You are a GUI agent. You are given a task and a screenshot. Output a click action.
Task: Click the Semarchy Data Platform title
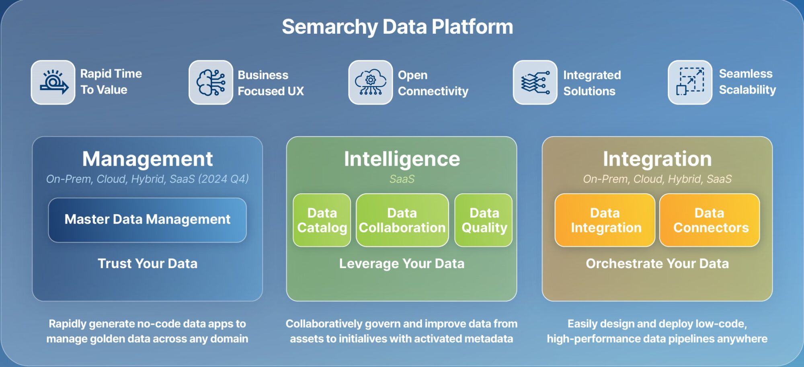(397, 27)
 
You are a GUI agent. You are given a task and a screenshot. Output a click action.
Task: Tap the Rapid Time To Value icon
(53, 82)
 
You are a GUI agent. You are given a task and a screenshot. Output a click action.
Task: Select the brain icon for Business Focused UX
(211, 82)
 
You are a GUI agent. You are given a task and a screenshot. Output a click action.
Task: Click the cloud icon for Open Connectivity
(370, 82)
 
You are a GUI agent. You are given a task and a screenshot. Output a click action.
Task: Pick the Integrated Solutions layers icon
(535, 82)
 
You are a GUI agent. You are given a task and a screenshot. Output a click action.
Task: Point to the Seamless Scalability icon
(690, 82)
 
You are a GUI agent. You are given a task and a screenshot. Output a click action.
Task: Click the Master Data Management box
(147, 220)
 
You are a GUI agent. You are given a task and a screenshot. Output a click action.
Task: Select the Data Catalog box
(322, 220)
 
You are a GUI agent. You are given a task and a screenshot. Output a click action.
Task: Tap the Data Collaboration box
(402, 220)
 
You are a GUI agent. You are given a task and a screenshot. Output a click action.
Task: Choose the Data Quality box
(484, 220)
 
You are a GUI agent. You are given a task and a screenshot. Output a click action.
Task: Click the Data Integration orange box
(605, 220)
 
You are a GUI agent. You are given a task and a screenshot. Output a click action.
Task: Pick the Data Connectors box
(710, 220)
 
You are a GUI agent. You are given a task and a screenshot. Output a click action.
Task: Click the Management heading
(147, 159)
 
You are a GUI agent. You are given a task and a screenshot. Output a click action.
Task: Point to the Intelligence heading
(402, 159)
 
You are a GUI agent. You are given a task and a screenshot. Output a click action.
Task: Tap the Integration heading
(657, 159)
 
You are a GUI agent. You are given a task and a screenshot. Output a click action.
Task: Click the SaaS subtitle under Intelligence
(402, 179)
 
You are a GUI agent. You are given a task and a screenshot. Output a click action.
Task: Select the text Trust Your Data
(148, 264)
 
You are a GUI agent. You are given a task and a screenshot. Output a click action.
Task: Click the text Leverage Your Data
(402, 264)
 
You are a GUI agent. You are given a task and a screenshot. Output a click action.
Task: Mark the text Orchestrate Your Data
(657, 264)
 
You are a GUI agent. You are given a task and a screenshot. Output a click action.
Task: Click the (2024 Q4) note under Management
(224, 179)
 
